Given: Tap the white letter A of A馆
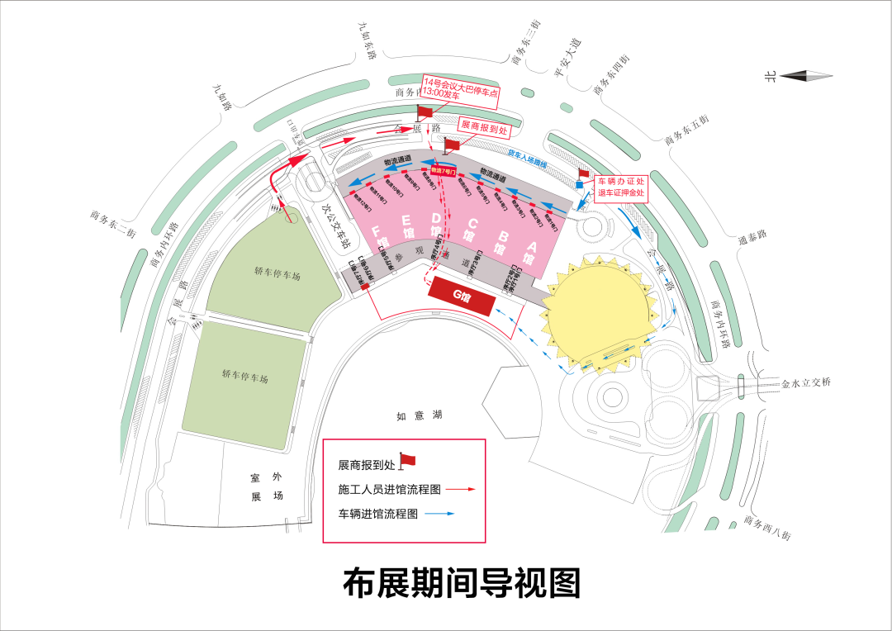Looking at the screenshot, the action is point(531,246).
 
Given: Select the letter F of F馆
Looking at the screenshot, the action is point(377,231).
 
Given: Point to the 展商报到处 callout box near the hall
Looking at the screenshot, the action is point(484,127).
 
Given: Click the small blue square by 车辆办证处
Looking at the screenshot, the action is point(580,185).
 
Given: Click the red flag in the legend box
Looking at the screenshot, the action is point(407,459).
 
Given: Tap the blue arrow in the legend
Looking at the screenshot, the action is point(440,514).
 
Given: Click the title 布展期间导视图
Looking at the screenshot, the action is point(462,583).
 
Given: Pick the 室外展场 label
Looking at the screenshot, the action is point(267,486).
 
